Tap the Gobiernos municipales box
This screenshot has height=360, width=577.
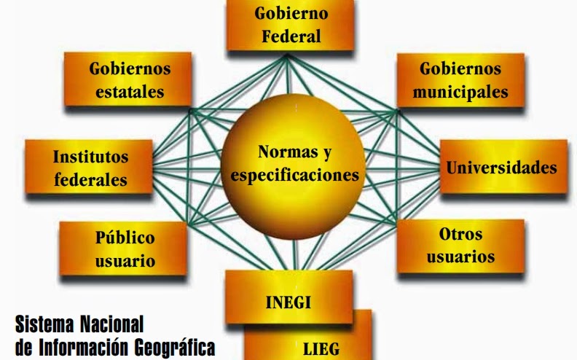tap(460, 80)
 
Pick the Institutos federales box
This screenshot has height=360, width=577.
tap(90, 168)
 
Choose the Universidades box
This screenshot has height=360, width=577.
tap(502, 167)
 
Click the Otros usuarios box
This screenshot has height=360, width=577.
tap(460, 246)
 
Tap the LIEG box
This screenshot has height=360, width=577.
tap(321, 346)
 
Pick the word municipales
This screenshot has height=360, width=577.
tap(460, 93)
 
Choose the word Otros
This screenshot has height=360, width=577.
tap(460, 235)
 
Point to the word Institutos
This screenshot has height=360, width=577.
tap(90, 157)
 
